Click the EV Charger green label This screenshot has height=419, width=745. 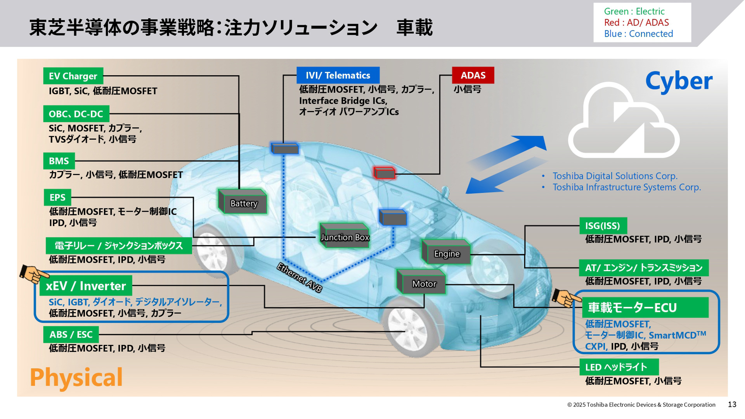(x=73, y=76)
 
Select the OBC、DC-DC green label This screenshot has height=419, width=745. (x=76, y=114)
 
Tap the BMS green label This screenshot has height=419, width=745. (x=59, y=161)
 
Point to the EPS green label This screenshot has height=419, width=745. (x=57, y=197)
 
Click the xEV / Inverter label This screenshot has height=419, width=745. (x=86, y=286)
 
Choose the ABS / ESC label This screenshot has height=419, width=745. (x=71, y=334)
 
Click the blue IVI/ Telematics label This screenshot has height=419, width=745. (x=338, y=75)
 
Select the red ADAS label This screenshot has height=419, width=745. (x=473, y=75)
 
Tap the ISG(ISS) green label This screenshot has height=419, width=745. (x=603, y=226)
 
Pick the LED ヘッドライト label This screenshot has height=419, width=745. (x=619, y=367)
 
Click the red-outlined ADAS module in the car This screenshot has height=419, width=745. (x=385, y=173)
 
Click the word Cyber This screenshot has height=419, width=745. (x=679, y=81)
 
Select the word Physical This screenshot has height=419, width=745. (x=76, y=377)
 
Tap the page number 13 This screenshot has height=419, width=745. (x=732, y=405)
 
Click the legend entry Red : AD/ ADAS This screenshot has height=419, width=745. (x=636, y=23)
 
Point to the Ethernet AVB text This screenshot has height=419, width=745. (x=299, y=277)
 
